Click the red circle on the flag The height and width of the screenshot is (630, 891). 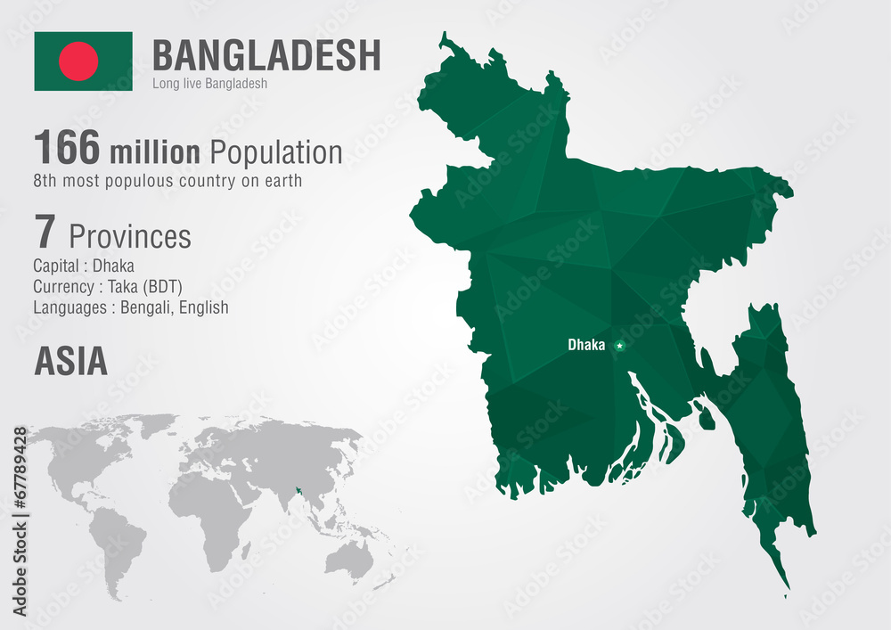pos(78,61)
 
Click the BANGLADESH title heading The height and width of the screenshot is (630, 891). pos(266,55)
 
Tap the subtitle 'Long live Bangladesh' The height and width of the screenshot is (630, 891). pos(210,84)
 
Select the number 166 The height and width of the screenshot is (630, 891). pos(67,148)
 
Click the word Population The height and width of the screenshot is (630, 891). pos(275,152)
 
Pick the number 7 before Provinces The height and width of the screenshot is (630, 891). pos(45,233)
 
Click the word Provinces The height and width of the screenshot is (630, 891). pos(130,236)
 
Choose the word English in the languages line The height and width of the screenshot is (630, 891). pos(202,307)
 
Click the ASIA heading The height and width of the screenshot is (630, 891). pos(70,361)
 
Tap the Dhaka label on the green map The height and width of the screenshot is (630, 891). pos(586,345)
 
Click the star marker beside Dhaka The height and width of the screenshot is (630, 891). pos(619,345)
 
